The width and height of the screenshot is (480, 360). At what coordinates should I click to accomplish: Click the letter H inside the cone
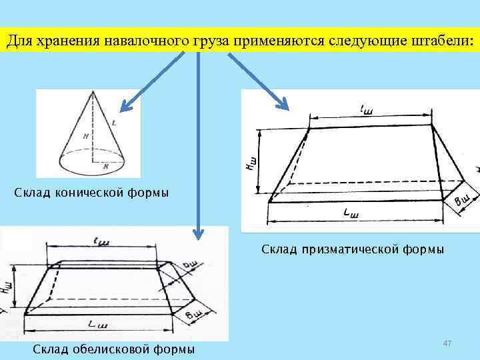pos(87,136)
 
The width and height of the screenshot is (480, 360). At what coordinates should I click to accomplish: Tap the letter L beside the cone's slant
pos(115,123)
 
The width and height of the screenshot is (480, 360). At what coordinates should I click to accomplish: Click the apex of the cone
pos(91,91)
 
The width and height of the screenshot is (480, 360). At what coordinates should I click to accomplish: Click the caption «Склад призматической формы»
pos(353,249)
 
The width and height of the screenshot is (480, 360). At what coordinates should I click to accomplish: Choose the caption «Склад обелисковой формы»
pos(114,349)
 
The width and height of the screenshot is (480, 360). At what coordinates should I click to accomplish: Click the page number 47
pos(447,343)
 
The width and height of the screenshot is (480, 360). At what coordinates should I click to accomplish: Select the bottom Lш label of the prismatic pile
pos(350,214)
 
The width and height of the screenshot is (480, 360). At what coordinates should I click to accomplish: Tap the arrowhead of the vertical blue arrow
pos(197,233)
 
